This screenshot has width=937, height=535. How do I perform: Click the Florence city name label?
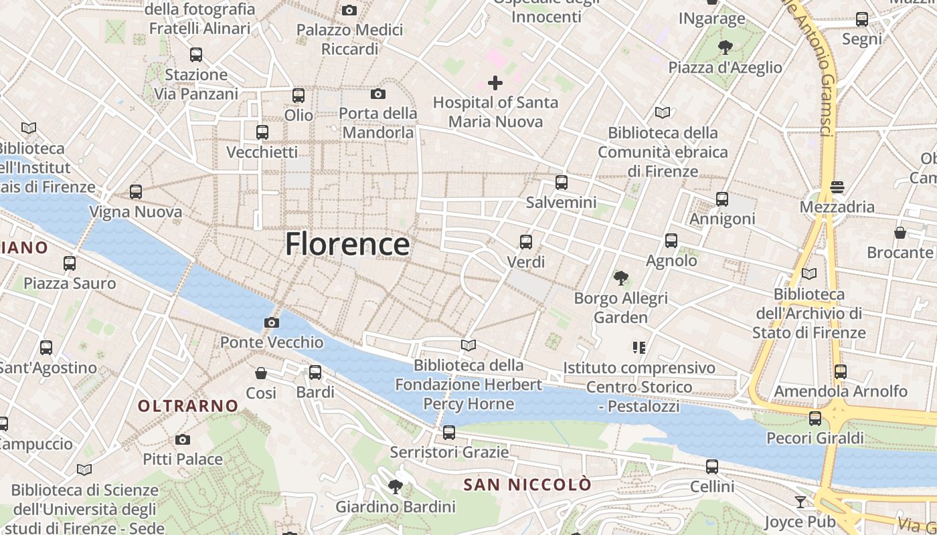click(x=347, y=244)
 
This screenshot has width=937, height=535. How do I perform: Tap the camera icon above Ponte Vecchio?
click(x=271, y=322)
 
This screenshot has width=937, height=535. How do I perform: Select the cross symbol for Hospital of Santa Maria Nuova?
click(x=495, y=83)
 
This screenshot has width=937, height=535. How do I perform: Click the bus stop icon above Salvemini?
click(x=561, y=182)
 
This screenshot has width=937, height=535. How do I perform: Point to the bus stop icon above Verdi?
click(x=526, y=241)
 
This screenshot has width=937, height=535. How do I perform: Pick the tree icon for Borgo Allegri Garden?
click(x=620, y=278)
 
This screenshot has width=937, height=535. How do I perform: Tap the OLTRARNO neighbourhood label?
click(x=188, y=406)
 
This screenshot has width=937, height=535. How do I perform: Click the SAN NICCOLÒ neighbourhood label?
click(x=528, y=484)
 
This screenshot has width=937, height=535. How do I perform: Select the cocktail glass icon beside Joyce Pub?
click(x=800, y=502)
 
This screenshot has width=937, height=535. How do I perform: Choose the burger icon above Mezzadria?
click(x=837, y=187)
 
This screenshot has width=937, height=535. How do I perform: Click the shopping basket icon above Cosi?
click(x=261, y=372)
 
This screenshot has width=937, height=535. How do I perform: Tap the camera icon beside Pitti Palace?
click(x=183, y=439)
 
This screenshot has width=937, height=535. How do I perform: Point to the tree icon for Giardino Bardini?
click(x=396, y=486)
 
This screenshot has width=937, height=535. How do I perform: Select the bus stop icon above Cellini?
click(x=712, y=466)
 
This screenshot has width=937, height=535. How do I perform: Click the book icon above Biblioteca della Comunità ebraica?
click(x=663, y=112)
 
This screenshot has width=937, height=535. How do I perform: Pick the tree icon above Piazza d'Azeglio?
click(x=725, y=47)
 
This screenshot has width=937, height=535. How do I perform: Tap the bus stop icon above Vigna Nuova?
click(x=136, y=192)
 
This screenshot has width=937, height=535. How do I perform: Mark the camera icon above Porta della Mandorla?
click(x=378, y=94)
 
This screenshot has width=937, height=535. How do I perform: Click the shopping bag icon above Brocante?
click(x=900, y=233)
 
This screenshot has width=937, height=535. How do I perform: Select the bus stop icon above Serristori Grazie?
click(x=449, y=432)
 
